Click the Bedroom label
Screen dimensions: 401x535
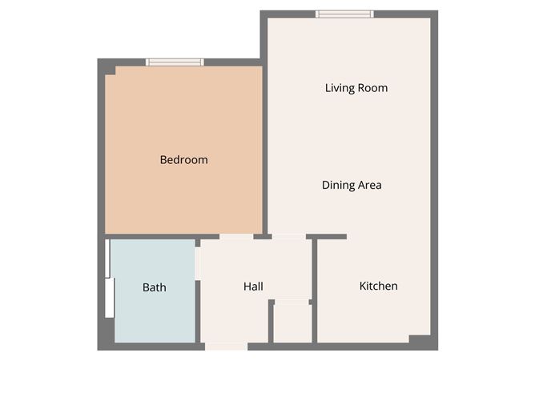(x=183, y=160)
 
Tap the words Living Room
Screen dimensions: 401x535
(x=356, y=88)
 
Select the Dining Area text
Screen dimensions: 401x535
(x=352, y=185)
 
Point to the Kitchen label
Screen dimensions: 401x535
(x=378, y=286)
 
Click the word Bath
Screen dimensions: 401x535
(x=155, y=287)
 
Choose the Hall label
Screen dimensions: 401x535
(x=253, y=287)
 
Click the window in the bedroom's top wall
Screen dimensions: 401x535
(x=175, y=62)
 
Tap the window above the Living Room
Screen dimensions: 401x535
(x=344, y=14)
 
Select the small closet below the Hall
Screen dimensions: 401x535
(x=292, y=323)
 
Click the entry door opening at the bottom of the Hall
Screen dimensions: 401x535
(x=226, y=346)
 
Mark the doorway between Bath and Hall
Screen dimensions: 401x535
(x=197, y=264)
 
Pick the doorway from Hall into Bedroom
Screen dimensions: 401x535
(x=236, y=236)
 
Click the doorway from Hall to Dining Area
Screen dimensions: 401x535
(x=288, y=236)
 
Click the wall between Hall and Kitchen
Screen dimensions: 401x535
(x=315, y=288)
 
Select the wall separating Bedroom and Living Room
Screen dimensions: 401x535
(x=264, y=148)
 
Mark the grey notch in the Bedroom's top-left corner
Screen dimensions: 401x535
(x=111, y=70)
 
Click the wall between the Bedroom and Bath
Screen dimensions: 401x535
(x=152, y=236)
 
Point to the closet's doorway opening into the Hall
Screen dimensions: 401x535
(x=292, y=302)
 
